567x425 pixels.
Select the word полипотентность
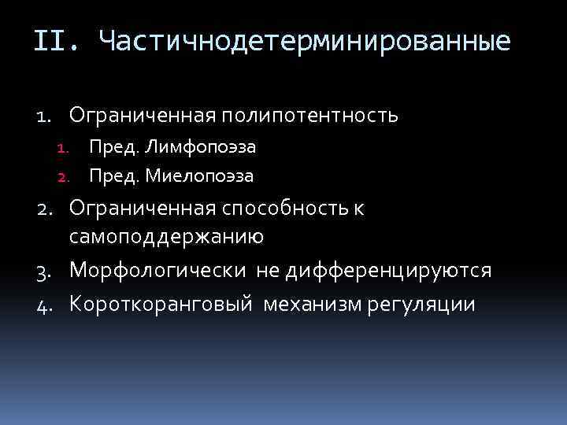click(x=309, y=116)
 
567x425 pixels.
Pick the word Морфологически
click(x=157, y=271)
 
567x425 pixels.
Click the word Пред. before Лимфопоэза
click(x=114, y=146)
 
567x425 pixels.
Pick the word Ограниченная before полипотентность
click(x=142, y=116)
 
